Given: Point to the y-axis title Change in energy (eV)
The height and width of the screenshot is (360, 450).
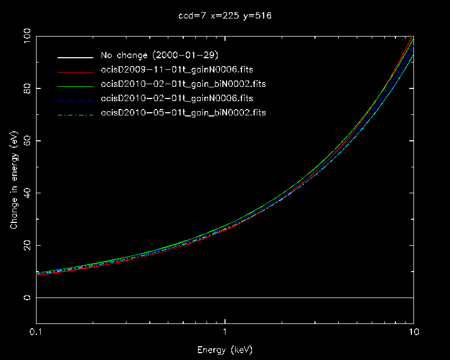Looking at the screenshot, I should tap(14, 180).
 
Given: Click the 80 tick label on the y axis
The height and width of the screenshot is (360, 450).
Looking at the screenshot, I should tap(24, 88).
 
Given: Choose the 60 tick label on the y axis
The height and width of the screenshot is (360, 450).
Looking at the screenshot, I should tap(24, 140).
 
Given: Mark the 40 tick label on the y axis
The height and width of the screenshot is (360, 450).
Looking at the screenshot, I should tap(24, 193).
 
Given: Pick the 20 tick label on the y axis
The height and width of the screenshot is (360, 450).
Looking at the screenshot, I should tap(24, 245).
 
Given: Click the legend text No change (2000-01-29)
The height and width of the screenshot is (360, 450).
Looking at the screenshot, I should tap(160, 56).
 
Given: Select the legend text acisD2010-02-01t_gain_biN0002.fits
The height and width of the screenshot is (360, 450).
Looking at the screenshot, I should tap(183, 84).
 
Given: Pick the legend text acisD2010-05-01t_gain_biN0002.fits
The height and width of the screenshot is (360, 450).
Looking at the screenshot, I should tap(183, 113).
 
